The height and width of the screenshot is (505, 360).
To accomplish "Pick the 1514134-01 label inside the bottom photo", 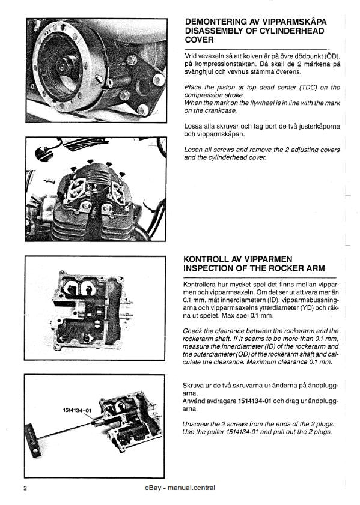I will click(76, 410).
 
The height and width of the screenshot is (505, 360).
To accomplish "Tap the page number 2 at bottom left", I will click(25, 488).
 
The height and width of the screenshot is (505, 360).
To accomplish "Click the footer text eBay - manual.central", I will click(180, 488).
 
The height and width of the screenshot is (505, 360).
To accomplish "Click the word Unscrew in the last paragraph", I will click(198, 423).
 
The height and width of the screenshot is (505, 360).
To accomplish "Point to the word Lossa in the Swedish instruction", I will click(194, 127).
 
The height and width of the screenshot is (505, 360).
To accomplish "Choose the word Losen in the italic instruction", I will click(194, 150).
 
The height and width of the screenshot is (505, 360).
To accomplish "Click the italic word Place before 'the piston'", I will click(194, 88).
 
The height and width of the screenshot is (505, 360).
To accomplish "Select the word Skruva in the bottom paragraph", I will click(195, 384).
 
